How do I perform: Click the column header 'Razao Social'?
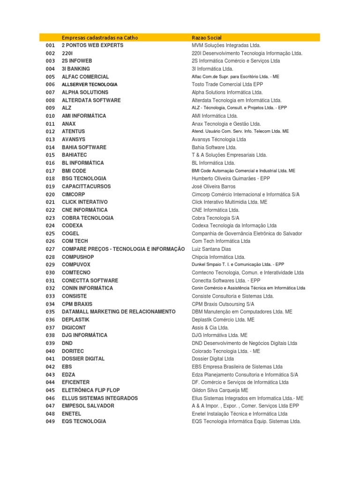click(207, 37)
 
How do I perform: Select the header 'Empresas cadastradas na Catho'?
click(100, 37)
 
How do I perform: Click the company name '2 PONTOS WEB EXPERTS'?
click(93, 45)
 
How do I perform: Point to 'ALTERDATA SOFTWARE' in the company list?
click(91, 100)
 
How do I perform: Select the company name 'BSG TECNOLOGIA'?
click(84, 179)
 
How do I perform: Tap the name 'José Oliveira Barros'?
click(214, 187)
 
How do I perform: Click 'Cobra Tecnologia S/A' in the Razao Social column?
click(216, 218)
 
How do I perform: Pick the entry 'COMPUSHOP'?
click(78, 257)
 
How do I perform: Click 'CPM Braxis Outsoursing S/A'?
click(223, 304)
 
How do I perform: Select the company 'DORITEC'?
click(74, 351)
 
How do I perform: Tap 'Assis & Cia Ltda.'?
click(210, 328)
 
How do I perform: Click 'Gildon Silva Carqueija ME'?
click(220, 390)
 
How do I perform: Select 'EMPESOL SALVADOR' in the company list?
click(88, 405)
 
